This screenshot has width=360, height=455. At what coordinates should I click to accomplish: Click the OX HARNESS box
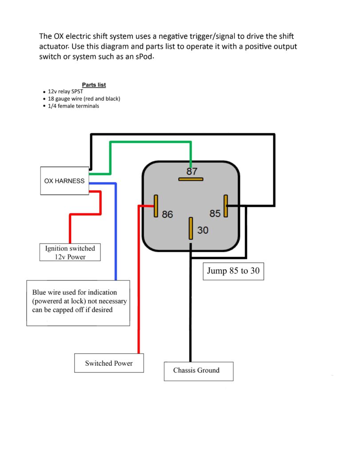click(64, 181)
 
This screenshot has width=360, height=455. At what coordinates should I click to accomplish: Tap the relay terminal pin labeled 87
click(191, 180)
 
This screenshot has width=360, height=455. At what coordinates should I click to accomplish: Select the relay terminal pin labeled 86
click(156, 206)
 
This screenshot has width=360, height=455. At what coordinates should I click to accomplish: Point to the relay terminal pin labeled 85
click(226, 206)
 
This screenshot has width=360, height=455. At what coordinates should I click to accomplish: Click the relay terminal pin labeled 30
click(191, 228)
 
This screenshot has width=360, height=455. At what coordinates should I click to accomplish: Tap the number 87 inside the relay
click(192, 171)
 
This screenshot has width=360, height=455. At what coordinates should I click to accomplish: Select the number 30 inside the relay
click(203, 231)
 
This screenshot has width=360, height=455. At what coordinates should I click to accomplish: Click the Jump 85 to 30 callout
click(233, 271)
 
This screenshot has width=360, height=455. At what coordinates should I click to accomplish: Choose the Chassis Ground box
click(198, 371)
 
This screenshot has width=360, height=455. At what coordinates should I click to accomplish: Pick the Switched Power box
click(109, 363)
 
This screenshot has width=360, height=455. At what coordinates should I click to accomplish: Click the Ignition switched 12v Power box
click(70, 252)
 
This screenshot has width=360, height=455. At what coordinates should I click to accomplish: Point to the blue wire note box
click(78, 303)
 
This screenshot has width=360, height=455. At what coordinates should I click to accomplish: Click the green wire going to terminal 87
click(151, 143)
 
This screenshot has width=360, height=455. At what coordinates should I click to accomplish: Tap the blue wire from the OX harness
click(116, 231)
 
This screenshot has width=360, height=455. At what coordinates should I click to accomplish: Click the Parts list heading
click(94, 85)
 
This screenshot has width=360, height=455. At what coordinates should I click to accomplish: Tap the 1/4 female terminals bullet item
click(73, 106)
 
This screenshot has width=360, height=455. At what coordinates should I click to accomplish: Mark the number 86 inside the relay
click(167, 215)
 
